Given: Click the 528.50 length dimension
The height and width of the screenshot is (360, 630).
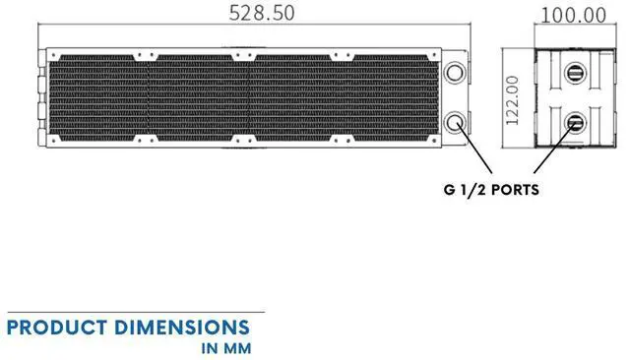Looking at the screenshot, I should click(x=261, y=14).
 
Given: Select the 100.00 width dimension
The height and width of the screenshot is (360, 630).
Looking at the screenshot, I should click(x=574, y=15).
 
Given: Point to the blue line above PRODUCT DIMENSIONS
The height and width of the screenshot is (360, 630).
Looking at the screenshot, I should click(x=133, y=313).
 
